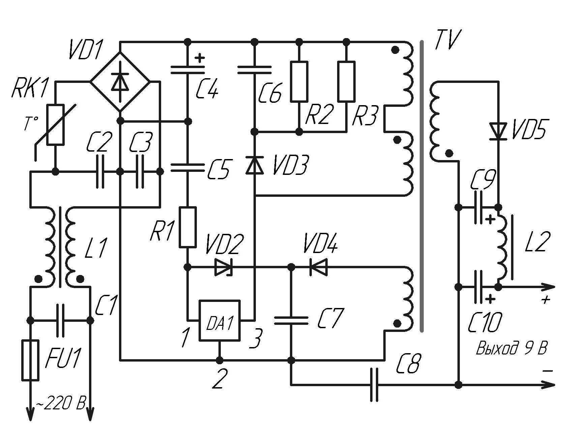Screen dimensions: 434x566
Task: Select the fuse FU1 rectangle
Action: pyautogui.click(x=30, y=360)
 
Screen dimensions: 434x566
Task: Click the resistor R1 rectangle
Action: pyautogui.click(x=187, y=227)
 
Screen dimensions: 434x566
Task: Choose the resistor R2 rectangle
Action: pyautogui.click(x=299, y=81)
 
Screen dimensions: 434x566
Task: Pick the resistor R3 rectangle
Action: pyautogui.click(x=346, y=81)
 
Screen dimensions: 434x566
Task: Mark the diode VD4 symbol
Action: pyautogui.click(x=318, y=267)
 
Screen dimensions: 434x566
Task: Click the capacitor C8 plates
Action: pyautogui.click(x=375, y=384)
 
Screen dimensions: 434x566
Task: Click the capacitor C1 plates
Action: pyautogui.click(x=60, y=320)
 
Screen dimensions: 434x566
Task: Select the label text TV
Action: pyautogui.click(x=447, y=40)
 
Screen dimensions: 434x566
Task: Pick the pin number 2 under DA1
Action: pyautogui.click(x=219, y=379)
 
